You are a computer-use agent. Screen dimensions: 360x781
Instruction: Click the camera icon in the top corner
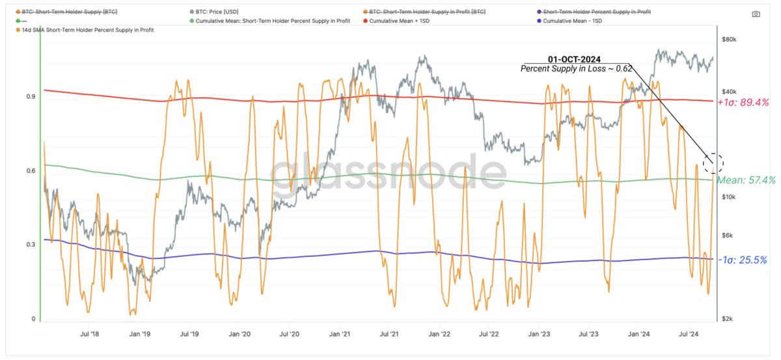[x=756, y=14]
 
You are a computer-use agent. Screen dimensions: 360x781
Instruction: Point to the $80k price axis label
[x=729, y=40]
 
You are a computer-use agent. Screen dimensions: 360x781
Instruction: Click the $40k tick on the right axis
[x=729, y=92]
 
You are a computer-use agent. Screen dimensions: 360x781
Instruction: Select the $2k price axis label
[x=727, y=319]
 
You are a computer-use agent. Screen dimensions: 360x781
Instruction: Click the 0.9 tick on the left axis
[x=30, y=97]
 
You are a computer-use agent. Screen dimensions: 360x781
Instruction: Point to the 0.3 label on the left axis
[x=30, y=245]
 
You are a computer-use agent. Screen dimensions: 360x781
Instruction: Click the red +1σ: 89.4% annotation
[x=743, y=103]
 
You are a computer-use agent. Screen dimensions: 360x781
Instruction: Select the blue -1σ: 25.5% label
[x=743, y=260]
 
